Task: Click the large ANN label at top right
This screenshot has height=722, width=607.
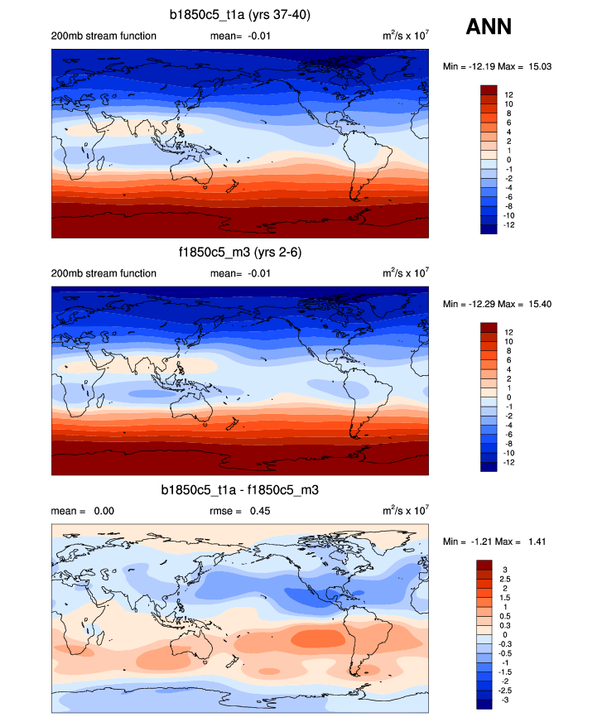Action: pos(489,27)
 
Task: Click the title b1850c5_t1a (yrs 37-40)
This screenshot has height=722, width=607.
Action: pos(240,15)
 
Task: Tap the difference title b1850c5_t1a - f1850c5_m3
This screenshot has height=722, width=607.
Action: pos(240,491)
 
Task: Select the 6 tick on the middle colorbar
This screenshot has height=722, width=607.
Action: pos(507,360)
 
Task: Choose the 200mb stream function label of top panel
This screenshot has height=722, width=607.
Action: pos(104,36)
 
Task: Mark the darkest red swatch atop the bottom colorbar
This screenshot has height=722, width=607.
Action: pos(485,565)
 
